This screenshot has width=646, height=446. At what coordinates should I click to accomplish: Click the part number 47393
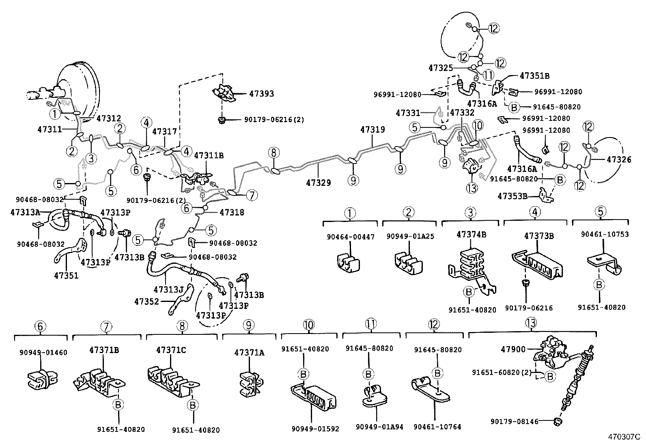tap(261, 94)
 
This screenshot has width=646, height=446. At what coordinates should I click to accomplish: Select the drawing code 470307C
tap(623, 437)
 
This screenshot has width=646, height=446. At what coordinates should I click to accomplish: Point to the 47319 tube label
tap(373, 130)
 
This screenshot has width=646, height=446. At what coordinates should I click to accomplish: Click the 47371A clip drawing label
tap(249, 353)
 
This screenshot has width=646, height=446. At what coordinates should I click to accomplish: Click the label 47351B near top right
tap(534, 76)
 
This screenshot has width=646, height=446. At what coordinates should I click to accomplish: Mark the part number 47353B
tap(512, 196)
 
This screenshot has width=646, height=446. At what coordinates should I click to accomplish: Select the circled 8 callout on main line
tap(274, 153)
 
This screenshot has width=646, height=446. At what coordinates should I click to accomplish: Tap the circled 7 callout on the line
tap(252, 196)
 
